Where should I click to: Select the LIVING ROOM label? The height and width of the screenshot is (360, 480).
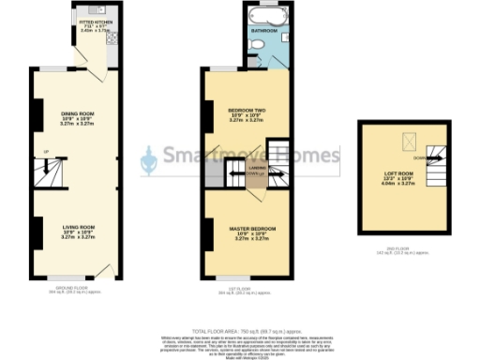(x=79, y=231)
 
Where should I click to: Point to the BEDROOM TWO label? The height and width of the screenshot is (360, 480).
(x=249, y=115)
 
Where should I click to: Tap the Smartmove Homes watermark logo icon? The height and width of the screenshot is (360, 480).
(x=148, y=162)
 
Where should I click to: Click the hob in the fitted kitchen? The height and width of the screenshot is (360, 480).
(x=110, y=39)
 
